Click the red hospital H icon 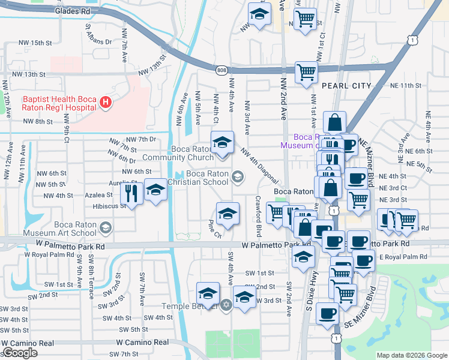point(106,103)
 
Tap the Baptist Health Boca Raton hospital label point(59,103)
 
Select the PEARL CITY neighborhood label point(346,86)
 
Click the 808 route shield point(221,70)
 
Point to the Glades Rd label point(72,11)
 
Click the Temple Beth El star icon point(226,305)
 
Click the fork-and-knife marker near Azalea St point(130,193)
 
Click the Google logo point(20,353)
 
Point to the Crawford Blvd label point(258,215)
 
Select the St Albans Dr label point(98,38)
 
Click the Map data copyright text point(412,355)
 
